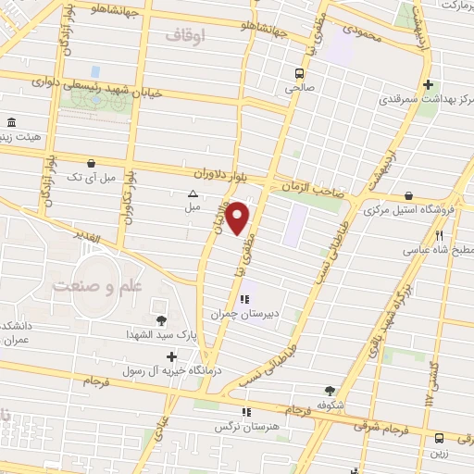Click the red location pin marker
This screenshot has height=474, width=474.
pyautogui.click(x=238, y=218)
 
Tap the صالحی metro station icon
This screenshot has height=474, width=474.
pyautogui.click(x=298, y=73)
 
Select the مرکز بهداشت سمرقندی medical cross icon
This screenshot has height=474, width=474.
pyautogui.click(x=426, y=84)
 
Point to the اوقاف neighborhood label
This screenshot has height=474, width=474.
pyautogui.click(x=187, y=35)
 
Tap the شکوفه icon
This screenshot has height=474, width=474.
pyautogui.click(x=331, y=391)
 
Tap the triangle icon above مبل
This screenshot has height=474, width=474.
pyautogui.click(x=193, y=194)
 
